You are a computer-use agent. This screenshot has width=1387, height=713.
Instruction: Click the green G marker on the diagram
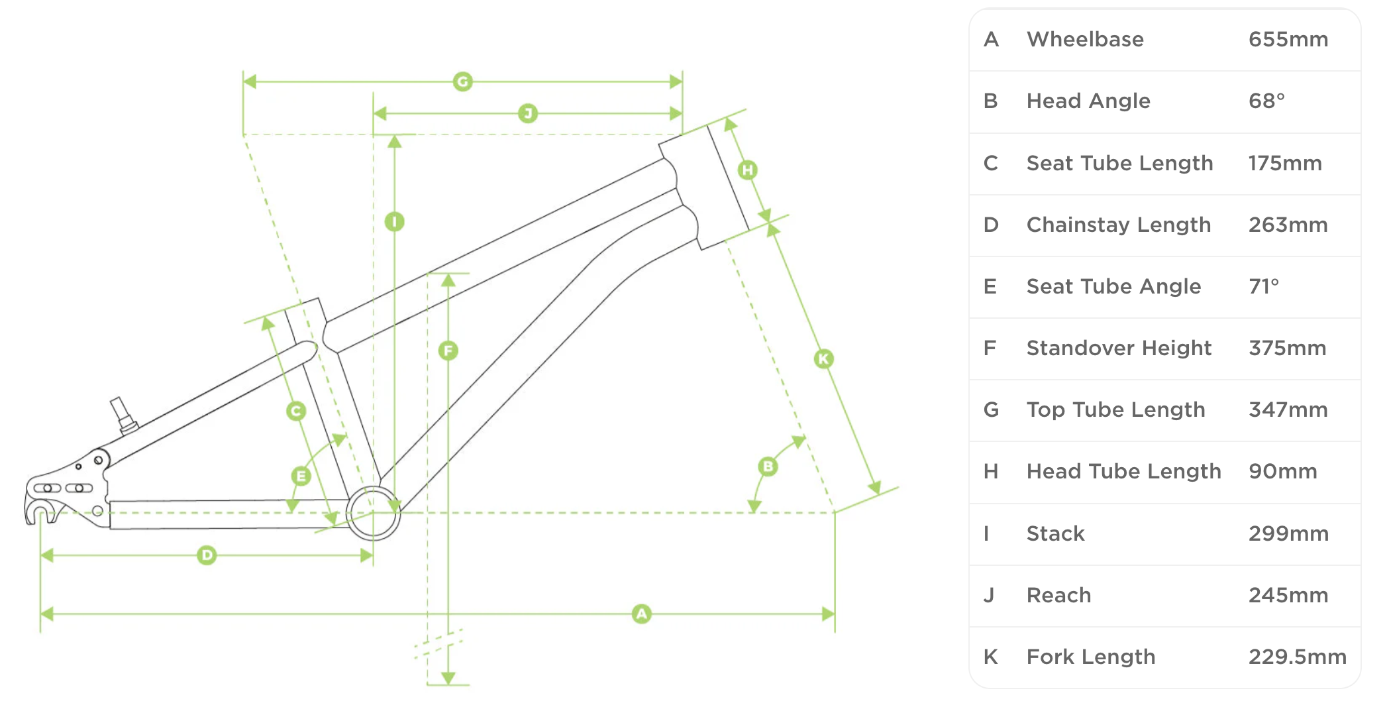(462, 82)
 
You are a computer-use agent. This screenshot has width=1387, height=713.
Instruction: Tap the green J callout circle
(528, 113)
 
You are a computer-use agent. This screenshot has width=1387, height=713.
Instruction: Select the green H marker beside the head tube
(748, 170)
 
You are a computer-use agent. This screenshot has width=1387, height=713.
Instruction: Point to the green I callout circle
(395, 221)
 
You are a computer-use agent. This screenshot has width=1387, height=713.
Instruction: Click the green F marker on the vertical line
(448, 351)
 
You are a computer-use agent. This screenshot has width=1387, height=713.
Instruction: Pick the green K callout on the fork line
(823, 358)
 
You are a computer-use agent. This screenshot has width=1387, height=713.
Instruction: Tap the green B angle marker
(768, 466)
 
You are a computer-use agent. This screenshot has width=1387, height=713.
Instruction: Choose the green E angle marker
(301, 476)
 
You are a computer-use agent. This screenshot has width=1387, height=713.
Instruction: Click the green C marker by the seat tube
(296, 411)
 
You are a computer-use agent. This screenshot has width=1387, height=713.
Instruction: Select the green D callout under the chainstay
(207, 555)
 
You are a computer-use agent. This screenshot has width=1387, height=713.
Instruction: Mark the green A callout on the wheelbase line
(641, 614)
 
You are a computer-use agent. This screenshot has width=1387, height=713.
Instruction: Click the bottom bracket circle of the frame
(374, 513)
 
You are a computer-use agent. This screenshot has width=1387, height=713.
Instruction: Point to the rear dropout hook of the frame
(40, 510)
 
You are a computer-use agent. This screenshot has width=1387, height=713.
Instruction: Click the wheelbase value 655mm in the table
(1288, 39)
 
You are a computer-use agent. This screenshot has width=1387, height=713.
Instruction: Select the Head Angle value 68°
(1266, 101)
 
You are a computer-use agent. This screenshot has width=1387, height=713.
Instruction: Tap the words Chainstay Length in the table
(1119, 225)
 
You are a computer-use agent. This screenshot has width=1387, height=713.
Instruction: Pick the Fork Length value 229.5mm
(1298, 657)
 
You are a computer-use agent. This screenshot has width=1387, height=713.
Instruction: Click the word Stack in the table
(1056, 533)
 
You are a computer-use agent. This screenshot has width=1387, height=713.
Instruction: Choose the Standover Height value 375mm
(1288, 348)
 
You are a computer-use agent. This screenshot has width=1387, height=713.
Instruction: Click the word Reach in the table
(1058, 595)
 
